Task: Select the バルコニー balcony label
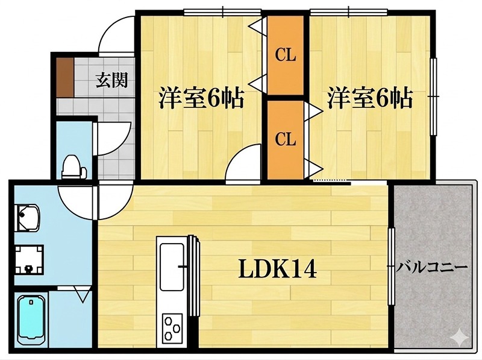[x=433, y=265]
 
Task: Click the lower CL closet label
[x=286, y=139]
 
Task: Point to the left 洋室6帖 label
[x=201, y=98]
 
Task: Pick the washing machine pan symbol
[x=28, y=258]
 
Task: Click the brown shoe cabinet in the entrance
[x=64, y=77]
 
